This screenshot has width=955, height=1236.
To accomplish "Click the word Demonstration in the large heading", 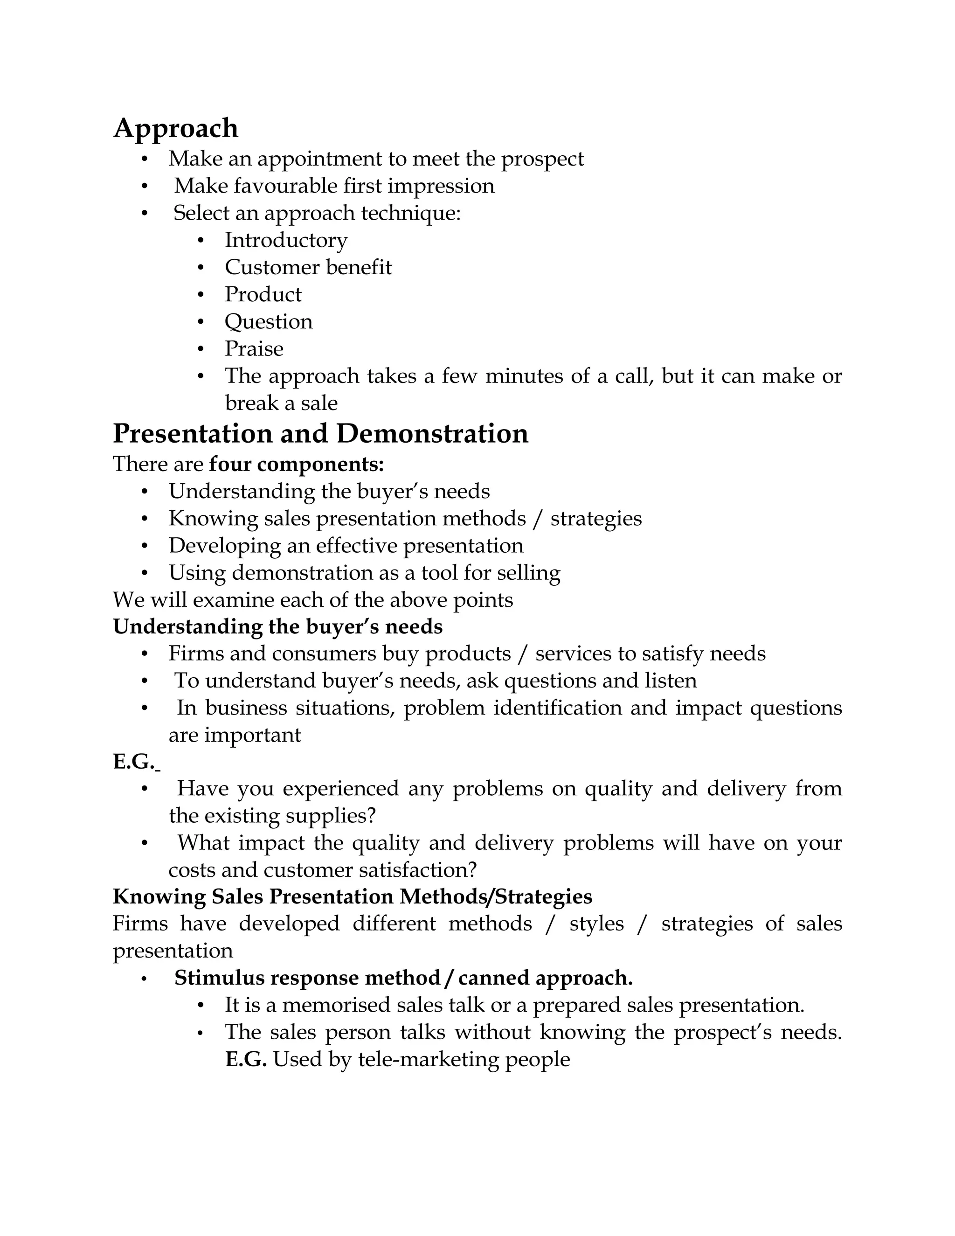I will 432,434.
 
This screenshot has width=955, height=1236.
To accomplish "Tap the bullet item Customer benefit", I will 308,268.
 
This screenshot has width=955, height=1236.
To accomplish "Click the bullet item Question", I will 268,322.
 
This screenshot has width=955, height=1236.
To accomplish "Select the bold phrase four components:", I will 297,464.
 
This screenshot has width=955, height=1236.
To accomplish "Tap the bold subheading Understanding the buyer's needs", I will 277,626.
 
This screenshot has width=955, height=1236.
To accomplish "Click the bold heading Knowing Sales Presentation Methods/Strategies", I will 353,896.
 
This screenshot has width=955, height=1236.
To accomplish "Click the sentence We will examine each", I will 312,600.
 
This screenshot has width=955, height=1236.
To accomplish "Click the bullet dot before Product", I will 200,295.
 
